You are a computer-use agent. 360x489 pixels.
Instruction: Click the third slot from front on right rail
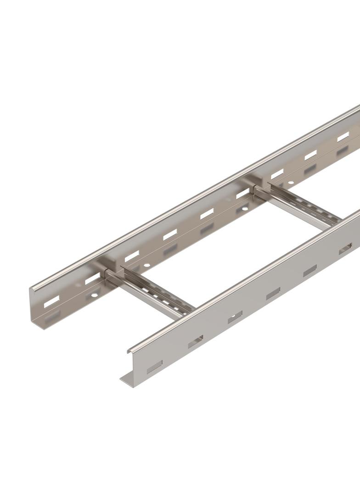[x=235, y=317]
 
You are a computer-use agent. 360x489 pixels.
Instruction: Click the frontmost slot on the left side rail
[x=51, y=301]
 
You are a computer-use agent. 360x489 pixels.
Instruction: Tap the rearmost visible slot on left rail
[x=343, y=137]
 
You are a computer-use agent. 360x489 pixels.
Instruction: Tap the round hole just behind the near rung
[x=146, y=266]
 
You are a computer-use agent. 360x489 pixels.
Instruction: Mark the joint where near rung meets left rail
[x=107, y=275]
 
